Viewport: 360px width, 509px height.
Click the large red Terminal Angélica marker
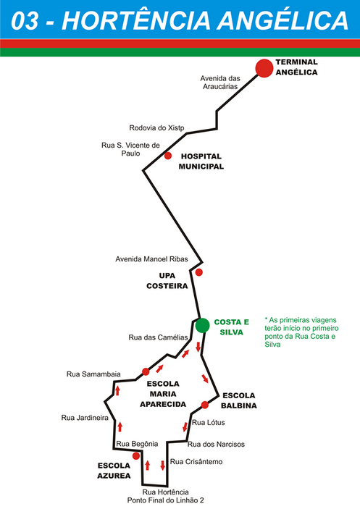coord(264,68)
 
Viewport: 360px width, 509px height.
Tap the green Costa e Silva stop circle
coord(203,325)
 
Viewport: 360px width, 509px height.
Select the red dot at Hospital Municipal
coord(168,156)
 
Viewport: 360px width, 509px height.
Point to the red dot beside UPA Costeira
coord(199,272)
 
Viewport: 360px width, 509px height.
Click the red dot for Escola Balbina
coord(204,405)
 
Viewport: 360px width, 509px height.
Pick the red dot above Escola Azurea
coord(136,456)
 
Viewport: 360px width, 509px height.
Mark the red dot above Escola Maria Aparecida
coord(146,371)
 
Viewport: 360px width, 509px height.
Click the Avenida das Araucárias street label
coord(220,83)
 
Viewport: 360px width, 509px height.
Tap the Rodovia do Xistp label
coord(156,128)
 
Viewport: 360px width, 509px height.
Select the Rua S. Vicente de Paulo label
coord(130,149)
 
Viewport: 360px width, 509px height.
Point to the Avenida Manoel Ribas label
coord(151,259)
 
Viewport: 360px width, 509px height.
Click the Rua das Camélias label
coord(158,337)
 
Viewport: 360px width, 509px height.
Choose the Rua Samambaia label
coord(93,374)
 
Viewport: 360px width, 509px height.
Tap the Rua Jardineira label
coord(85,418)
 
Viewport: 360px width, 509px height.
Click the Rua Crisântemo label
coord(196,462)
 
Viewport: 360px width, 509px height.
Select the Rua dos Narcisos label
coord(216,444)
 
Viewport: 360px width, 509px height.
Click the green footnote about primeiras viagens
coord(301,332)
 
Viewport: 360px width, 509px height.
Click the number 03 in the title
coord(25,21)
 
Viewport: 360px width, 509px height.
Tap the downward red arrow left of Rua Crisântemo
coord(163,466)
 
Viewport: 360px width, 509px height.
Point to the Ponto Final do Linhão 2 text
coord(166,500)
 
